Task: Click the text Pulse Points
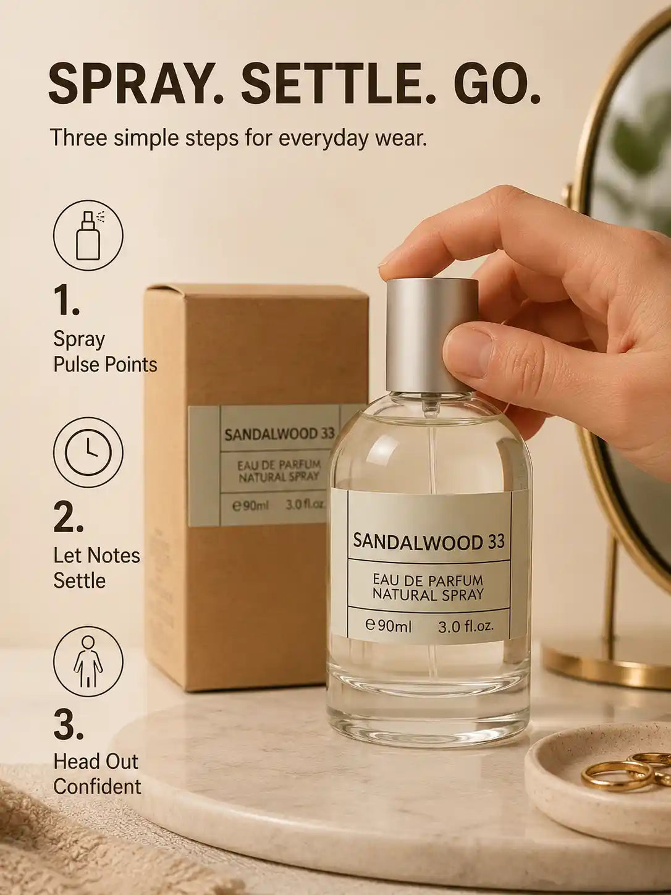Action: (105, 364)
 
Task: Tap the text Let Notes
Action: (96, 556)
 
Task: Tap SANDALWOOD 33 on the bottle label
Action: (429, 541)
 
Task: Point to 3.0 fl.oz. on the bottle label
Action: (466, 627)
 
